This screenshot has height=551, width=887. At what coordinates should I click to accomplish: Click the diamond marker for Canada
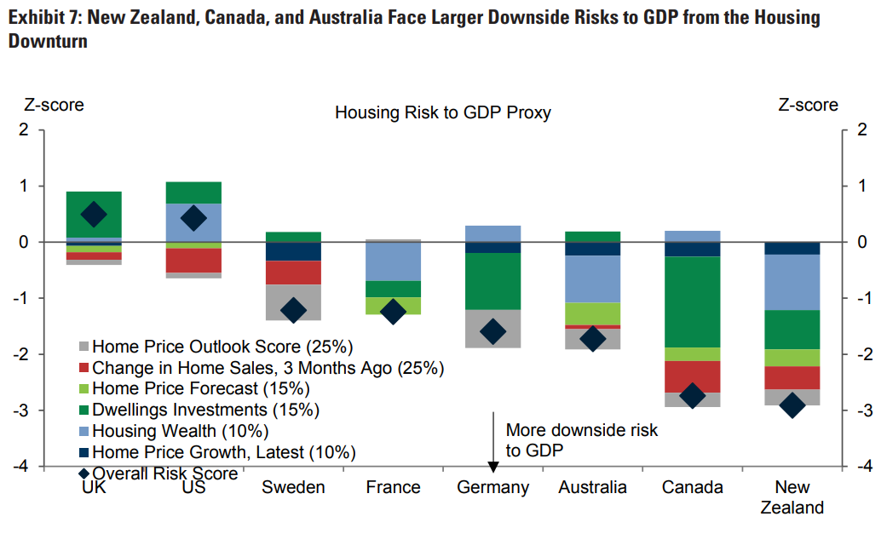coord(694,395)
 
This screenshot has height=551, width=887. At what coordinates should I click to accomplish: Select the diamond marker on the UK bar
coord(94,214)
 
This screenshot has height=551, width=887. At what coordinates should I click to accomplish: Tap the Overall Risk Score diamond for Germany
coord(493,331)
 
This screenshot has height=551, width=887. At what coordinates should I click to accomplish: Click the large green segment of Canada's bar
coord(694,301)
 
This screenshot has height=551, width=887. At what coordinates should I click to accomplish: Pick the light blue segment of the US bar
coord(194,222)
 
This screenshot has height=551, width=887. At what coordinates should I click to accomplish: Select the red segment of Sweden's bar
coord(294,273)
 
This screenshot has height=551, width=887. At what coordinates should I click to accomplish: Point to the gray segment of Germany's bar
coord(493,329)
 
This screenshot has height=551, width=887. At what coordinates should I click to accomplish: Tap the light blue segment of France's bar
coord(394,261)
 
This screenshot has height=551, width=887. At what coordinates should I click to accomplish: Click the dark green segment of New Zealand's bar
coord(793,330)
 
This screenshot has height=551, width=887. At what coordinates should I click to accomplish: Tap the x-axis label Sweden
coord(293,488)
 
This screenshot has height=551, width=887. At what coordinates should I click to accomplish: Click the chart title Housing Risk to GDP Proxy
coord(442,112)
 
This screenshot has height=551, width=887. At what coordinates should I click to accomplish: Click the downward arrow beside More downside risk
coord(493,439)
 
